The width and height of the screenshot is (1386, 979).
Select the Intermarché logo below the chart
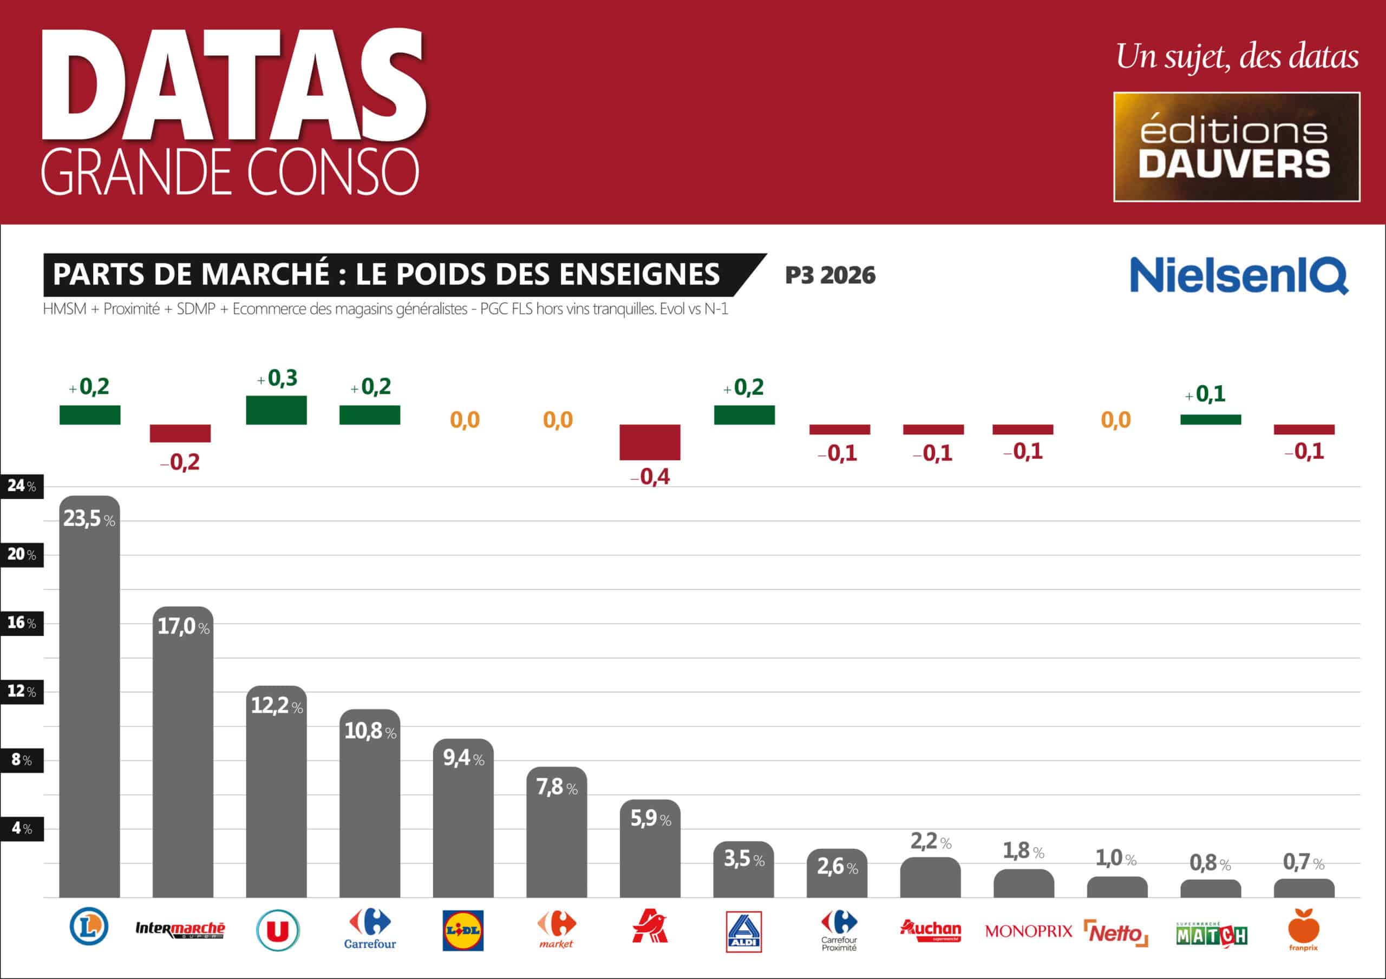pyautogui.click(x=180, y=930)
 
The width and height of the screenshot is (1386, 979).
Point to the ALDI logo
pyautogui.click(x=743, y=932)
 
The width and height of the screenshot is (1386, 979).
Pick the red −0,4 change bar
pyautogui.click(x=650, y=442)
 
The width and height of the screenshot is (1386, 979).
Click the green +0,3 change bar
pyautogui.click(x=276, y=410)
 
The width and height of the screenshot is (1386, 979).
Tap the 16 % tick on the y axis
pyautogui.click(x=22, y=623)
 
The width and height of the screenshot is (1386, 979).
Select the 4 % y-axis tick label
pyautogui.click(x=22, y=829)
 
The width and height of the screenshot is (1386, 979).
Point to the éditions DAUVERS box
pyautogui.click(x=1236, y=147)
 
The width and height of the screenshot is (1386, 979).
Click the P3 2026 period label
pyautogui.click(x=830, y=276)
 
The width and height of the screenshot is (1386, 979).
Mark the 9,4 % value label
pyautogui.click(x=463, y=758)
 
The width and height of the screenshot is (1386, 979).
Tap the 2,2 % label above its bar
pyautogui.click(x=930, y=842)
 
